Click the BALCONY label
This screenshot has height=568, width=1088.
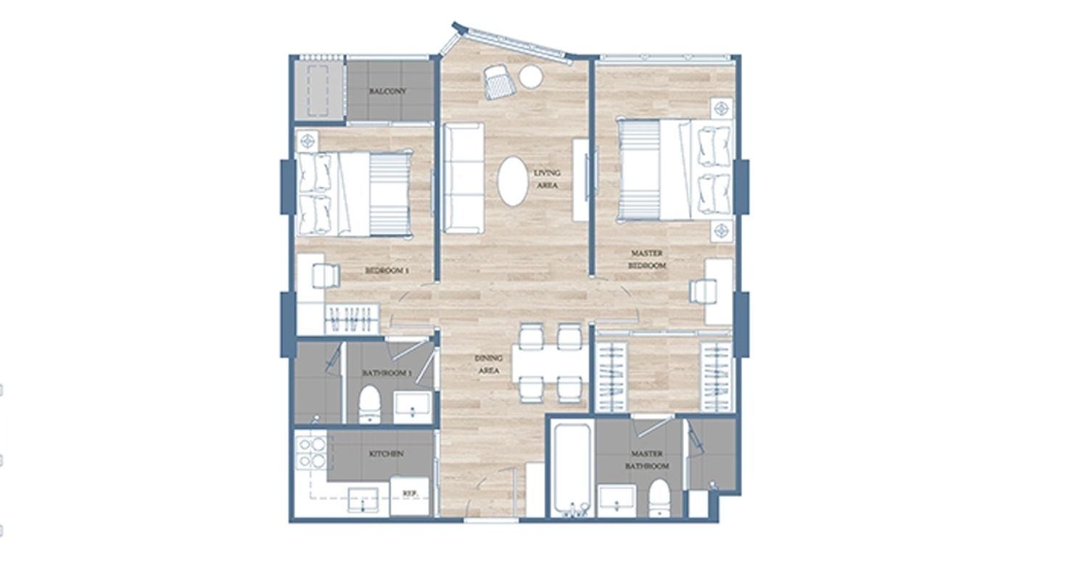pos(387,91)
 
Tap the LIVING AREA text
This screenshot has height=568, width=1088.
pos(547,179)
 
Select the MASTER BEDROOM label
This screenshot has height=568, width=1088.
pos(647,259)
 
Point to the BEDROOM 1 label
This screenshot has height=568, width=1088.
pos(387,271)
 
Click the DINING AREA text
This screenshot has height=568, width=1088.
pos(489,364)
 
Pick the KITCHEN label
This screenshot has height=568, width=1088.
pos(386,454)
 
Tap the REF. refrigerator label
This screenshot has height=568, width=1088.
pos(409,493)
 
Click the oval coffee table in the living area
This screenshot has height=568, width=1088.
pos(512,181)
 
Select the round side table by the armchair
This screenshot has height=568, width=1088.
pos(530,77)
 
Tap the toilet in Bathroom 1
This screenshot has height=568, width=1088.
pos(370,404)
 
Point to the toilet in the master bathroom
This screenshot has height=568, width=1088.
pos(659,498)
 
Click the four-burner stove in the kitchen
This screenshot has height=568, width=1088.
pos(311,453)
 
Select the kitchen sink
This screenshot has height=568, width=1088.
pos(363,501)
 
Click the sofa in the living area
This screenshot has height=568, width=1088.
pos(463,178)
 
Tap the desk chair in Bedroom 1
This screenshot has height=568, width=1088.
pos(326,276)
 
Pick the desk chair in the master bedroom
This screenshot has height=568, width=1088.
pos(703,291)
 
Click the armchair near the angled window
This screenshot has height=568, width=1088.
pos(500,82)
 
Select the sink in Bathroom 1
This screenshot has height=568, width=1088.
pos(413,406)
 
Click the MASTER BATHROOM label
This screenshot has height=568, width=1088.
pos(646,460)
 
